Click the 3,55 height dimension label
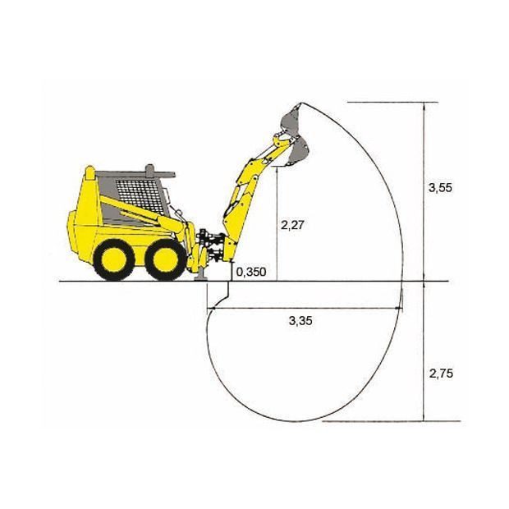(440, 188)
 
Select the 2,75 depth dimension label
(441, 374)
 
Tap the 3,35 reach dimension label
(300, 321)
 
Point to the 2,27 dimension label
(292, 225)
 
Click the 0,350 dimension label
(251, 272)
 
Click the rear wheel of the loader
(114, 259)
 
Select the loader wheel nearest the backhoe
(166, 259)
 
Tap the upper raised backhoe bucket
(291, 120)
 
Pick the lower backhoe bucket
(298, 152)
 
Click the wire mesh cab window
(140, 197)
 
